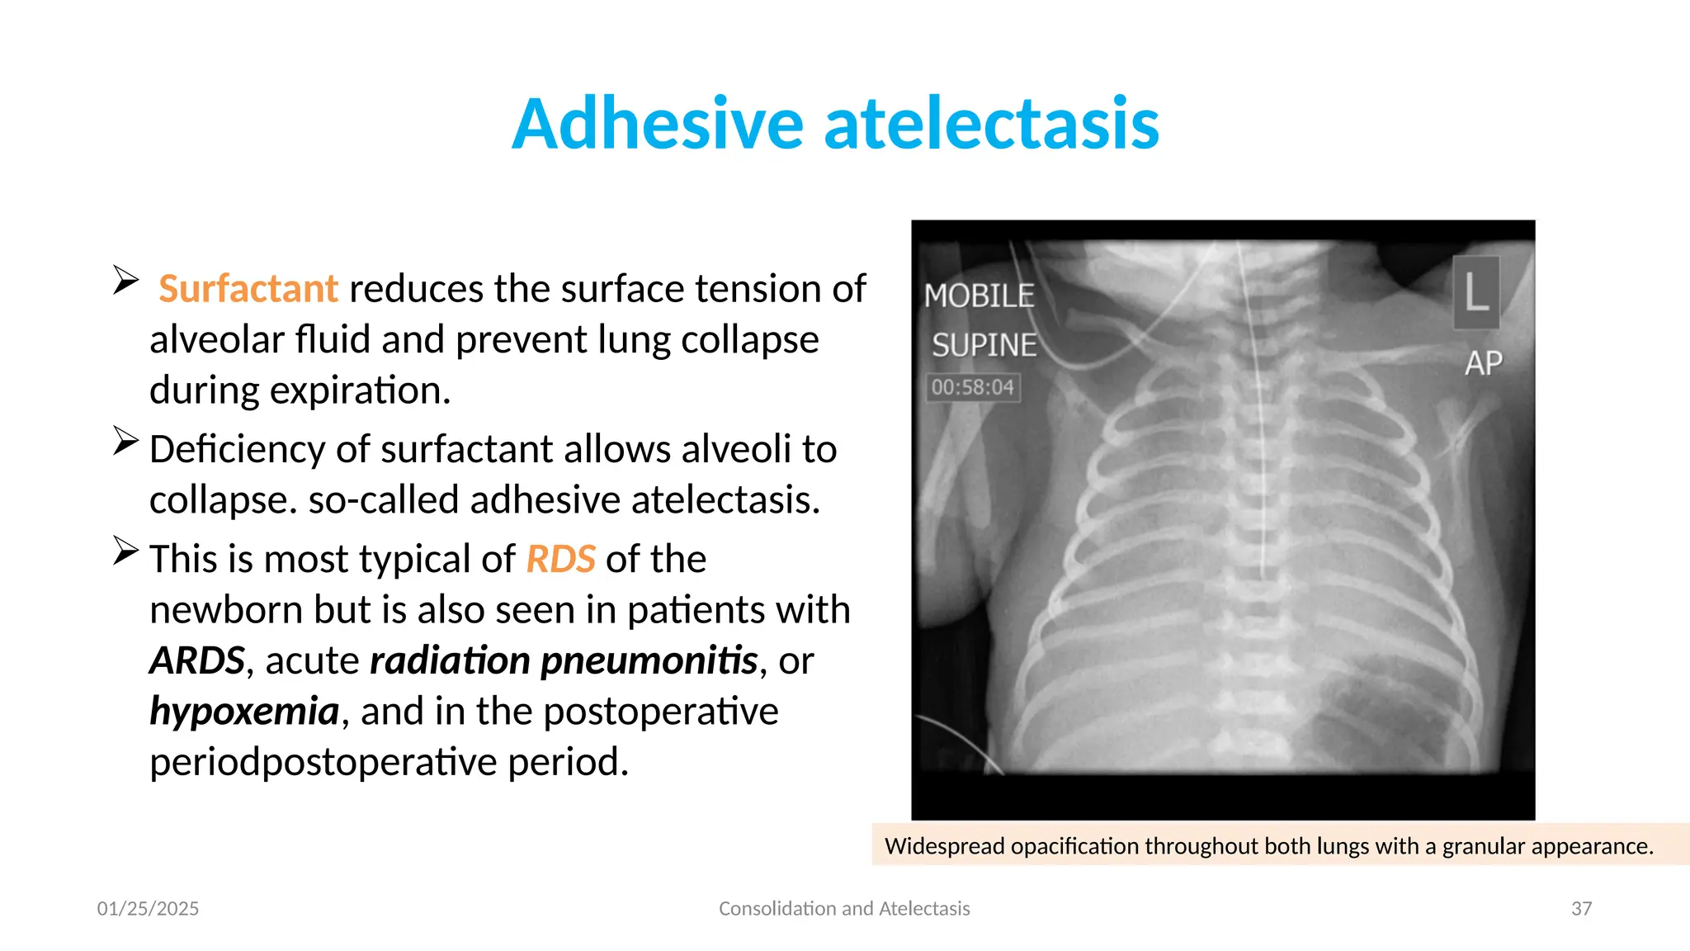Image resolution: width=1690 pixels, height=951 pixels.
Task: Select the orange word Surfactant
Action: click(x=248, y=289)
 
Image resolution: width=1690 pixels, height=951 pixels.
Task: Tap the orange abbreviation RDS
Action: click(x=560, y=559)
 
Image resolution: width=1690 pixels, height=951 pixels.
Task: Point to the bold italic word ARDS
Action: click(x=197, y=660)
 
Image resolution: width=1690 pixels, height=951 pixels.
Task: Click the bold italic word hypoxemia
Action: click(x=244, y=711)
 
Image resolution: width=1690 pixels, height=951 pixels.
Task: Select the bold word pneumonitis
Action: click(x=649, y=660)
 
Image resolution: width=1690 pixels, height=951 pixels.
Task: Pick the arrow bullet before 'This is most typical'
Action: click(x=125, y=551)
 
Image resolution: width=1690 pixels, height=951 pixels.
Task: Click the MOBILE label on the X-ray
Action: click(x=979, y=296)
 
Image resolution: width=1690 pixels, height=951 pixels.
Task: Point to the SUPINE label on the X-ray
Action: click(x=984, y=345)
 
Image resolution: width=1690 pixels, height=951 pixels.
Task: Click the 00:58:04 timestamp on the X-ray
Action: click(x=973, y=387)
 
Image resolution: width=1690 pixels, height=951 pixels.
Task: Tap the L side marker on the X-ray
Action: click(x=1476, y=292)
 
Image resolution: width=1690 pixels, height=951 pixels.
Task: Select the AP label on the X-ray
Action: click(x=1483, y=363)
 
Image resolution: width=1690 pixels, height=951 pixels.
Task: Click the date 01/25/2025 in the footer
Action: click(x=148, y=909)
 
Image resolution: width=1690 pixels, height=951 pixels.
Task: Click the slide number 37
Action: click(x=1581, y=909)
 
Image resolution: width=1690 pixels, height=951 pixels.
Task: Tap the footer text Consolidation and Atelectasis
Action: click(x=844, y=909)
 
